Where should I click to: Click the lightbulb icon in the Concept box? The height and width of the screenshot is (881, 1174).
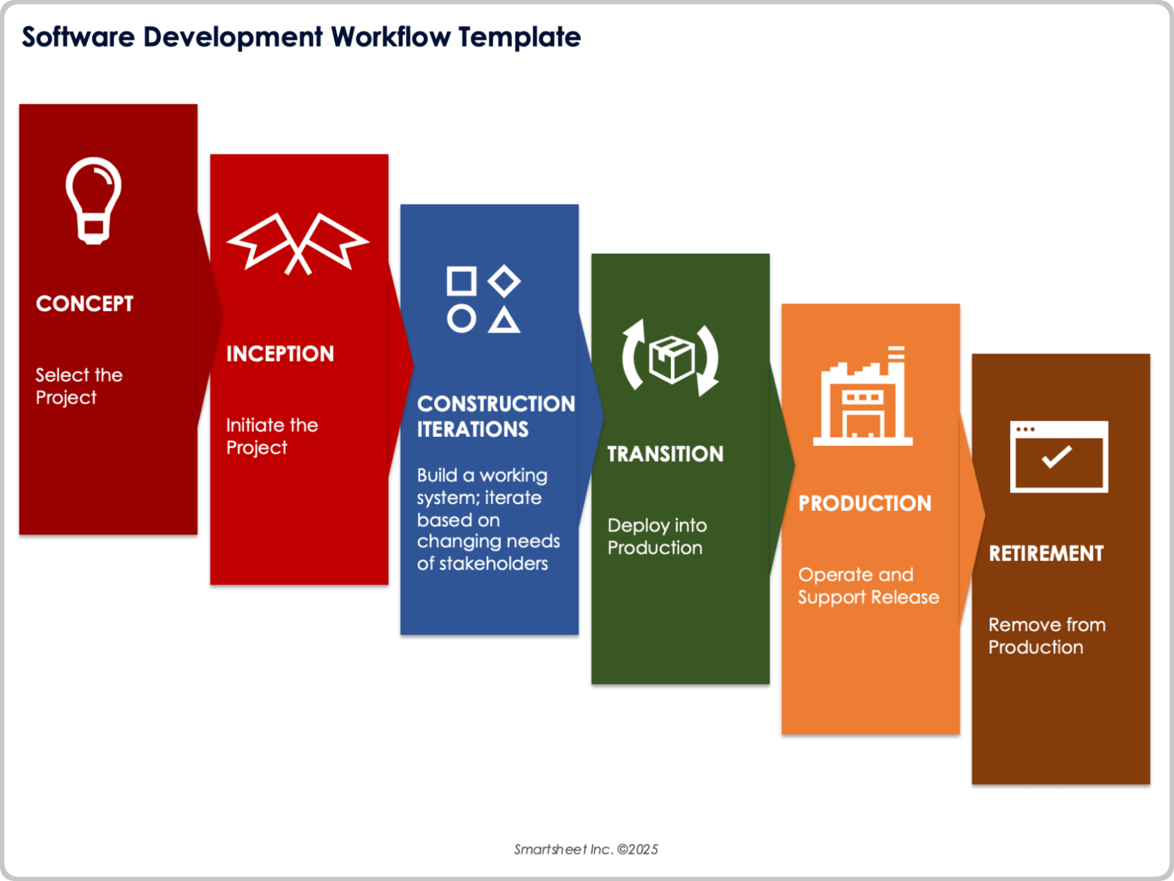(x=94, y=201)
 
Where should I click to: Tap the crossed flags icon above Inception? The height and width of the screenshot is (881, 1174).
(x=298, y=243)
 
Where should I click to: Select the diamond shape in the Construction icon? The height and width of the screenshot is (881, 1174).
(x=504, y=281)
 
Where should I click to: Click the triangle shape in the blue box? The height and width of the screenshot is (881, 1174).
(x=504, y=321)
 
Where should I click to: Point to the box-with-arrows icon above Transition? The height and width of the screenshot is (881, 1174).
(x=671, y=359)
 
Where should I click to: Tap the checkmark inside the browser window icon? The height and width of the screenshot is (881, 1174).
(x=1057, y=456)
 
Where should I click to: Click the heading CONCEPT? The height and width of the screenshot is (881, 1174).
(x=84, y=303)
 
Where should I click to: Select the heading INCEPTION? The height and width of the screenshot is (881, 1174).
(x=280, y=354)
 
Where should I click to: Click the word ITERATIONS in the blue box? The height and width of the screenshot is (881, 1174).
(x=473, y=429)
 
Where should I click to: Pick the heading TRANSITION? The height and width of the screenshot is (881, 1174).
(x=665, y=454)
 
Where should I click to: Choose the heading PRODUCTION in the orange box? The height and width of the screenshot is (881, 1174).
(x=865, y=504)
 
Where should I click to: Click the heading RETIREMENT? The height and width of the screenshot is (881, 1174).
(x=1046, y=554)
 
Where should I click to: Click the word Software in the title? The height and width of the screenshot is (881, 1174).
(x=78, y=37)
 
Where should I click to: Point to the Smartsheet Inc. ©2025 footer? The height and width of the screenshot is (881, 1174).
(x=586, y=849)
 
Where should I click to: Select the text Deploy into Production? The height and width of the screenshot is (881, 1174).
(x=657, y=537)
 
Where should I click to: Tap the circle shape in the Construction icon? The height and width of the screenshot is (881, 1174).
(x=461, y=319)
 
